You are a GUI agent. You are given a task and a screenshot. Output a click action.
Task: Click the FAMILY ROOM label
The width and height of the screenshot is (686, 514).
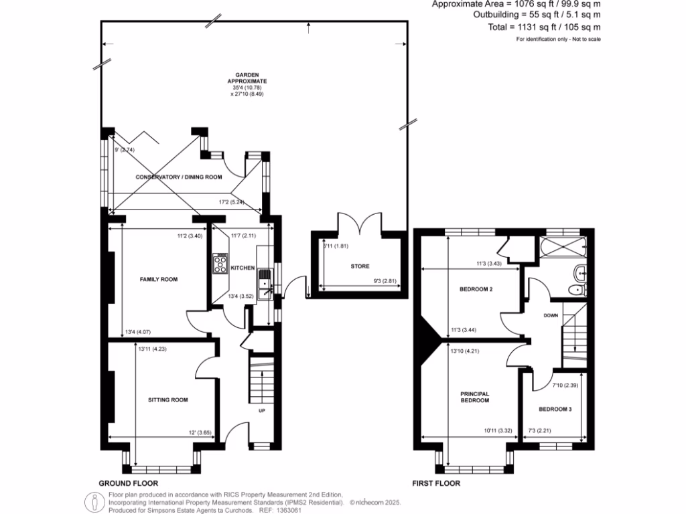click(158, 279)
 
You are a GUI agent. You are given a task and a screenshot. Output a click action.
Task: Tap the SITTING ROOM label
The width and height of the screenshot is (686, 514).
click(167, 400)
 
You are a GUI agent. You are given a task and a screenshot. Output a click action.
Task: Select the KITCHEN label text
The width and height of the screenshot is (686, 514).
click(243, 268)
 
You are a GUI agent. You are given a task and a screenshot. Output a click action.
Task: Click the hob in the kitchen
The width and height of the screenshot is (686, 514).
click(221, 264)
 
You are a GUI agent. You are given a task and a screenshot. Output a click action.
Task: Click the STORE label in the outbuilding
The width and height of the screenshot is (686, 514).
click(360, 266)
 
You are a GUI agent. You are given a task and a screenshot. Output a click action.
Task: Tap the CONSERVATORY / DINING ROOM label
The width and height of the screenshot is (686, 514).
click(178, 177)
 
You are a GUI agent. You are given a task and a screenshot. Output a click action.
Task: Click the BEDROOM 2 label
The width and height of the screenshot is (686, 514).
click(476, 290)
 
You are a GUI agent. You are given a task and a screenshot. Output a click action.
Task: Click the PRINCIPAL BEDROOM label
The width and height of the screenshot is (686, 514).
click(474, 397)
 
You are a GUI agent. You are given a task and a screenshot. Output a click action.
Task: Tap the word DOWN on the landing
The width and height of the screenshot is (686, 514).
click(551, 315)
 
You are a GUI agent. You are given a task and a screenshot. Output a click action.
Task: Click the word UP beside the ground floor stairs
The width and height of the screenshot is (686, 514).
click(262, 410)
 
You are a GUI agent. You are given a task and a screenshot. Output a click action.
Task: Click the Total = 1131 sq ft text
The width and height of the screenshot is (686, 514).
click(544, 27)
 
